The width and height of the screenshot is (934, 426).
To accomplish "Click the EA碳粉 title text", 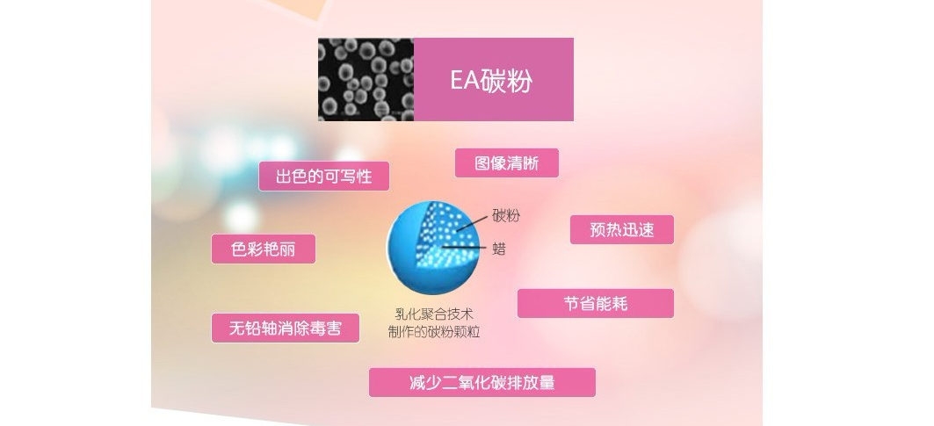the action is (x=491, y=81).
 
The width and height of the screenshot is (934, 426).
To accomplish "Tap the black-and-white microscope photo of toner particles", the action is (x=366, y=80).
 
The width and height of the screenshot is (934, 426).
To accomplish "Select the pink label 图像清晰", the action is (x=507, y=163).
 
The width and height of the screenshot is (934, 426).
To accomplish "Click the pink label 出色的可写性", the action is (x=324, y=177).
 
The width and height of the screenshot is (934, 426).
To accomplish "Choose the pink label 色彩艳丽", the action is (x=264, y=249).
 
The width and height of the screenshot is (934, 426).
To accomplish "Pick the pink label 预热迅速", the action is (x=622, y=230).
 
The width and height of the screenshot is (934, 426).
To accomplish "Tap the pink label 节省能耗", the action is (x=596, y=304).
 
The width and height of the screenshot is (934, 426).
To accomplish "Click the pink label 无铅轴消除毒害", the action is (x=286, y=329).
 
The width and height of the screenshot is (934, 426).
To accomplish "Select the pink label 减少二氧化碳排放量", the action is (x=481, y=382).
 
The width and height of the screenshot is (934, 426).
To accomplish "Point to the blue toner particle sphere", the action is (x=433, y=248).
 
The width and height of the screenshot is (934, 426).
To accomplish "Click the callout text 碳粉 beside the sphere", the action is (x=506, y=216).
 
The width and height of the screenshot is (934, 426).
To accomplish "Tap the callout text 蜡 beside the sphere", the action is (x=499, y=249).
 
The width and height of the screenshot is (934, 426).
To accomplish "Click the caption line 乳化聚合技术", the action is (x=434, y=314).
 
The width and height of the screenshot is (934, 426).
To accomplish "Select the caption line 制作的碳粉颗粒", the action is (x=434, y=333).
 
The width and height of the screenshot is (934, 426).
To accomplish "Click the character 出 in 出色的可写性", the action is (x=283, y=177).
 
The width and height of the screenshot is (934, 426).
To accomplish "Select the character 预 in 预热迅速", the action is (x=597, y=230).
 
